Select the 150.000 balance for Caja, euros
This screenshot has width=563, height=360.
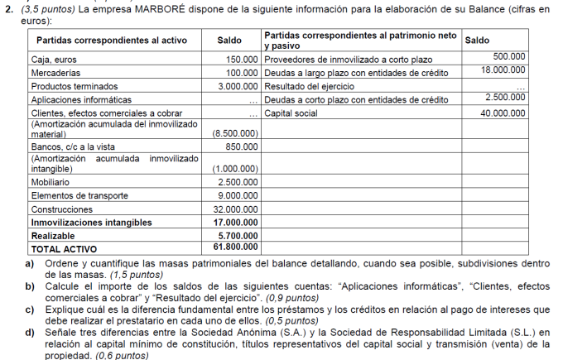pos(242,60)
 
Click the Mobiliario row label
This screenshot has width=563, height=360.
pos(51,181)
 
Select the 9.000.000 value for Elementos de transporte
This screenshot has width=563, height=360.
pos(238,195)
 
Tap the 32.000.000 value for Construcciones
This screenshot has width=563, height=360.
pos(236,209)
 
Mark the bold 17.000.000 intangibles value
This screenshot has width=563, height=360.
pos(236,222)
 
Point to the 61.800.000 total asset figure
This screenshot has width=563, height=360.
pos(236,247)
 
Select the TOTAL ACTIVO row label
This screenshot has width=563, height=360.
pos(64,248)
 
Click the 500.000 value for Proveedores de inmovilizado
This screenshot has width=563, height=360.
pos(509,55)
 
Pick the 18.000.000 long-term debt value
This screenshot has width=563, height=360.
pos(503,72)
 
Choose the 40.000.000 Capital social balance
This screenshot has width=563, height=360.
pos(503,113)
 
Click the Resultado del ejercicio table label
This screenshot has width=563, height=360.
pos(310,86)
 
